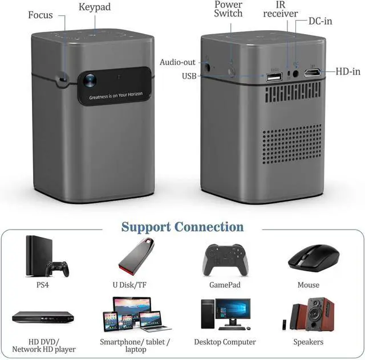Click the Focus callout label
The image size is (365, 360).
coord(40,15)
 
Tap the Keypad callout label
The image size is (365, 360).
coord(95,7)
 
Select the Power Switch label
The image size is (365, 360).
coord(228,9)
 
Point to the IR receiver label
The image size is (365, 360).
coord(280,9)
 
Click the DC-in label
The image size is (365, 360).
coord(321,21)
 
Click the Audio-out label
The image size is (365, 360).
coord(177,62)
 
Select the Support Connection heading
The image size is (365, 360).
coord(182,227)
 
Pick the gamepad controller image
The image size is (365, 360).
coord(225,259)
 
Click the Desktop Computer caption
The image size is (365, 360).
coord(225,342)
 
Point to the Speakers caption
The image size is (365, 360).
coord(309,342)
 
